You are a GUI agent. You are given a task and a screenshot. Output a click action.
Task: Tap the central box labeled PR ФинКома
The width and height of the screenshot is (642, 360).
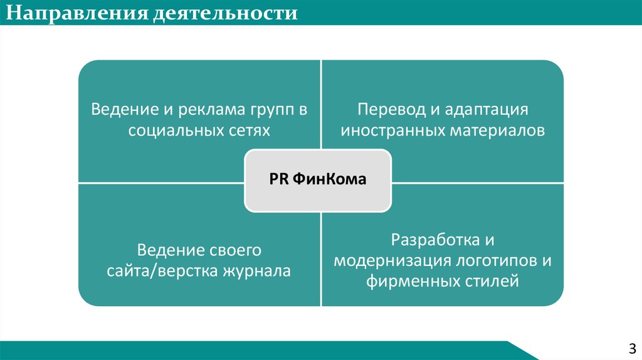pyautogui.click(x=317, y=179)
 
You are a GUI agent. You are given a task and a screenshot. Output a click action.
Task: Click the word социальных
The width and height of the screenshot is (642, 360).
pyautogui.click(x=176, y=130)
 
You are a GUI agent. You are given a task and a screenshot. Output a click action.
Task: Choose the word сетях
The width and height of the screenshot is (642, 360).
pyautogui.click(x=250, y=130)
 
